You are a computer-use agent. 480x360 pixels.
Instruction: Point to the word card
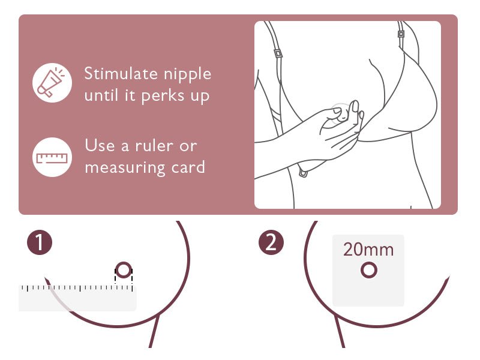tap(188, 167)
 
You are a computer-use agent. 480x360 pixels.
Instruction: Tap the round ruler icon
tap(52, 157)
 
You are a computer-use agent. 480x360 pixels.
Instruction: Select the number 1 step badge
tap(40, 243)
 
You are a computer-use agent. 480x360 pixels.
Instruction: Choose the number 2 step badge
tap(271, 243)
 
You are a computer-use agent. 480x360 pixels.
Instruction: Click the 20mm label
tap(368, 250)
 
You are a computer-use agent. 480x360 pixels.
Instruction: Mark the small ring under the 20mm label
tap(368, 271)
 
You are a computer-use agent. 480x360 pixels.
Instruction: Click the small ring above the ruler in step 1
tap(124, 271)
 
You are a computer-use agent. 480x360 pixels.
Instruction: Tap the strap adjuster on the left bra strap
tap(278, 53)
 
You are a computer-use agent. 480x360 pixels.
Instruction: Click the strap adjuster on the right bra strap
tap(400, 34)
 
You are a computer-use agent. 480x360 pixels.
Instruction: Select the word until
tap(102, 96)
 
